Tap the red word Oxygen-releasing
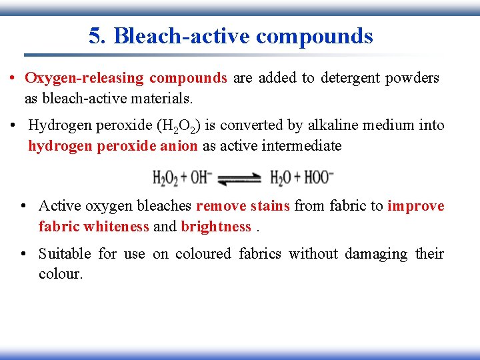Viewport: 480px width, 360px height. pos(84,78)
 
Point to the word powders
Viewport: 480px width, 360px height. pos(414,78)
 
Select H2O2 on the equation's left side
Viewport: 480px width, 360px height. pos(165,178)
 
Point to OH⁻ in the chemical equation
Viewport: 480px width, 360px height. pos(202,178)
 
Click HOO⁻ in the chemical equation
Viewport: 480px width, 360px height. pos(319,178)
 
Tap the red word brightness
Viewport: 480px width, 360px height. pos(215,227)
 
